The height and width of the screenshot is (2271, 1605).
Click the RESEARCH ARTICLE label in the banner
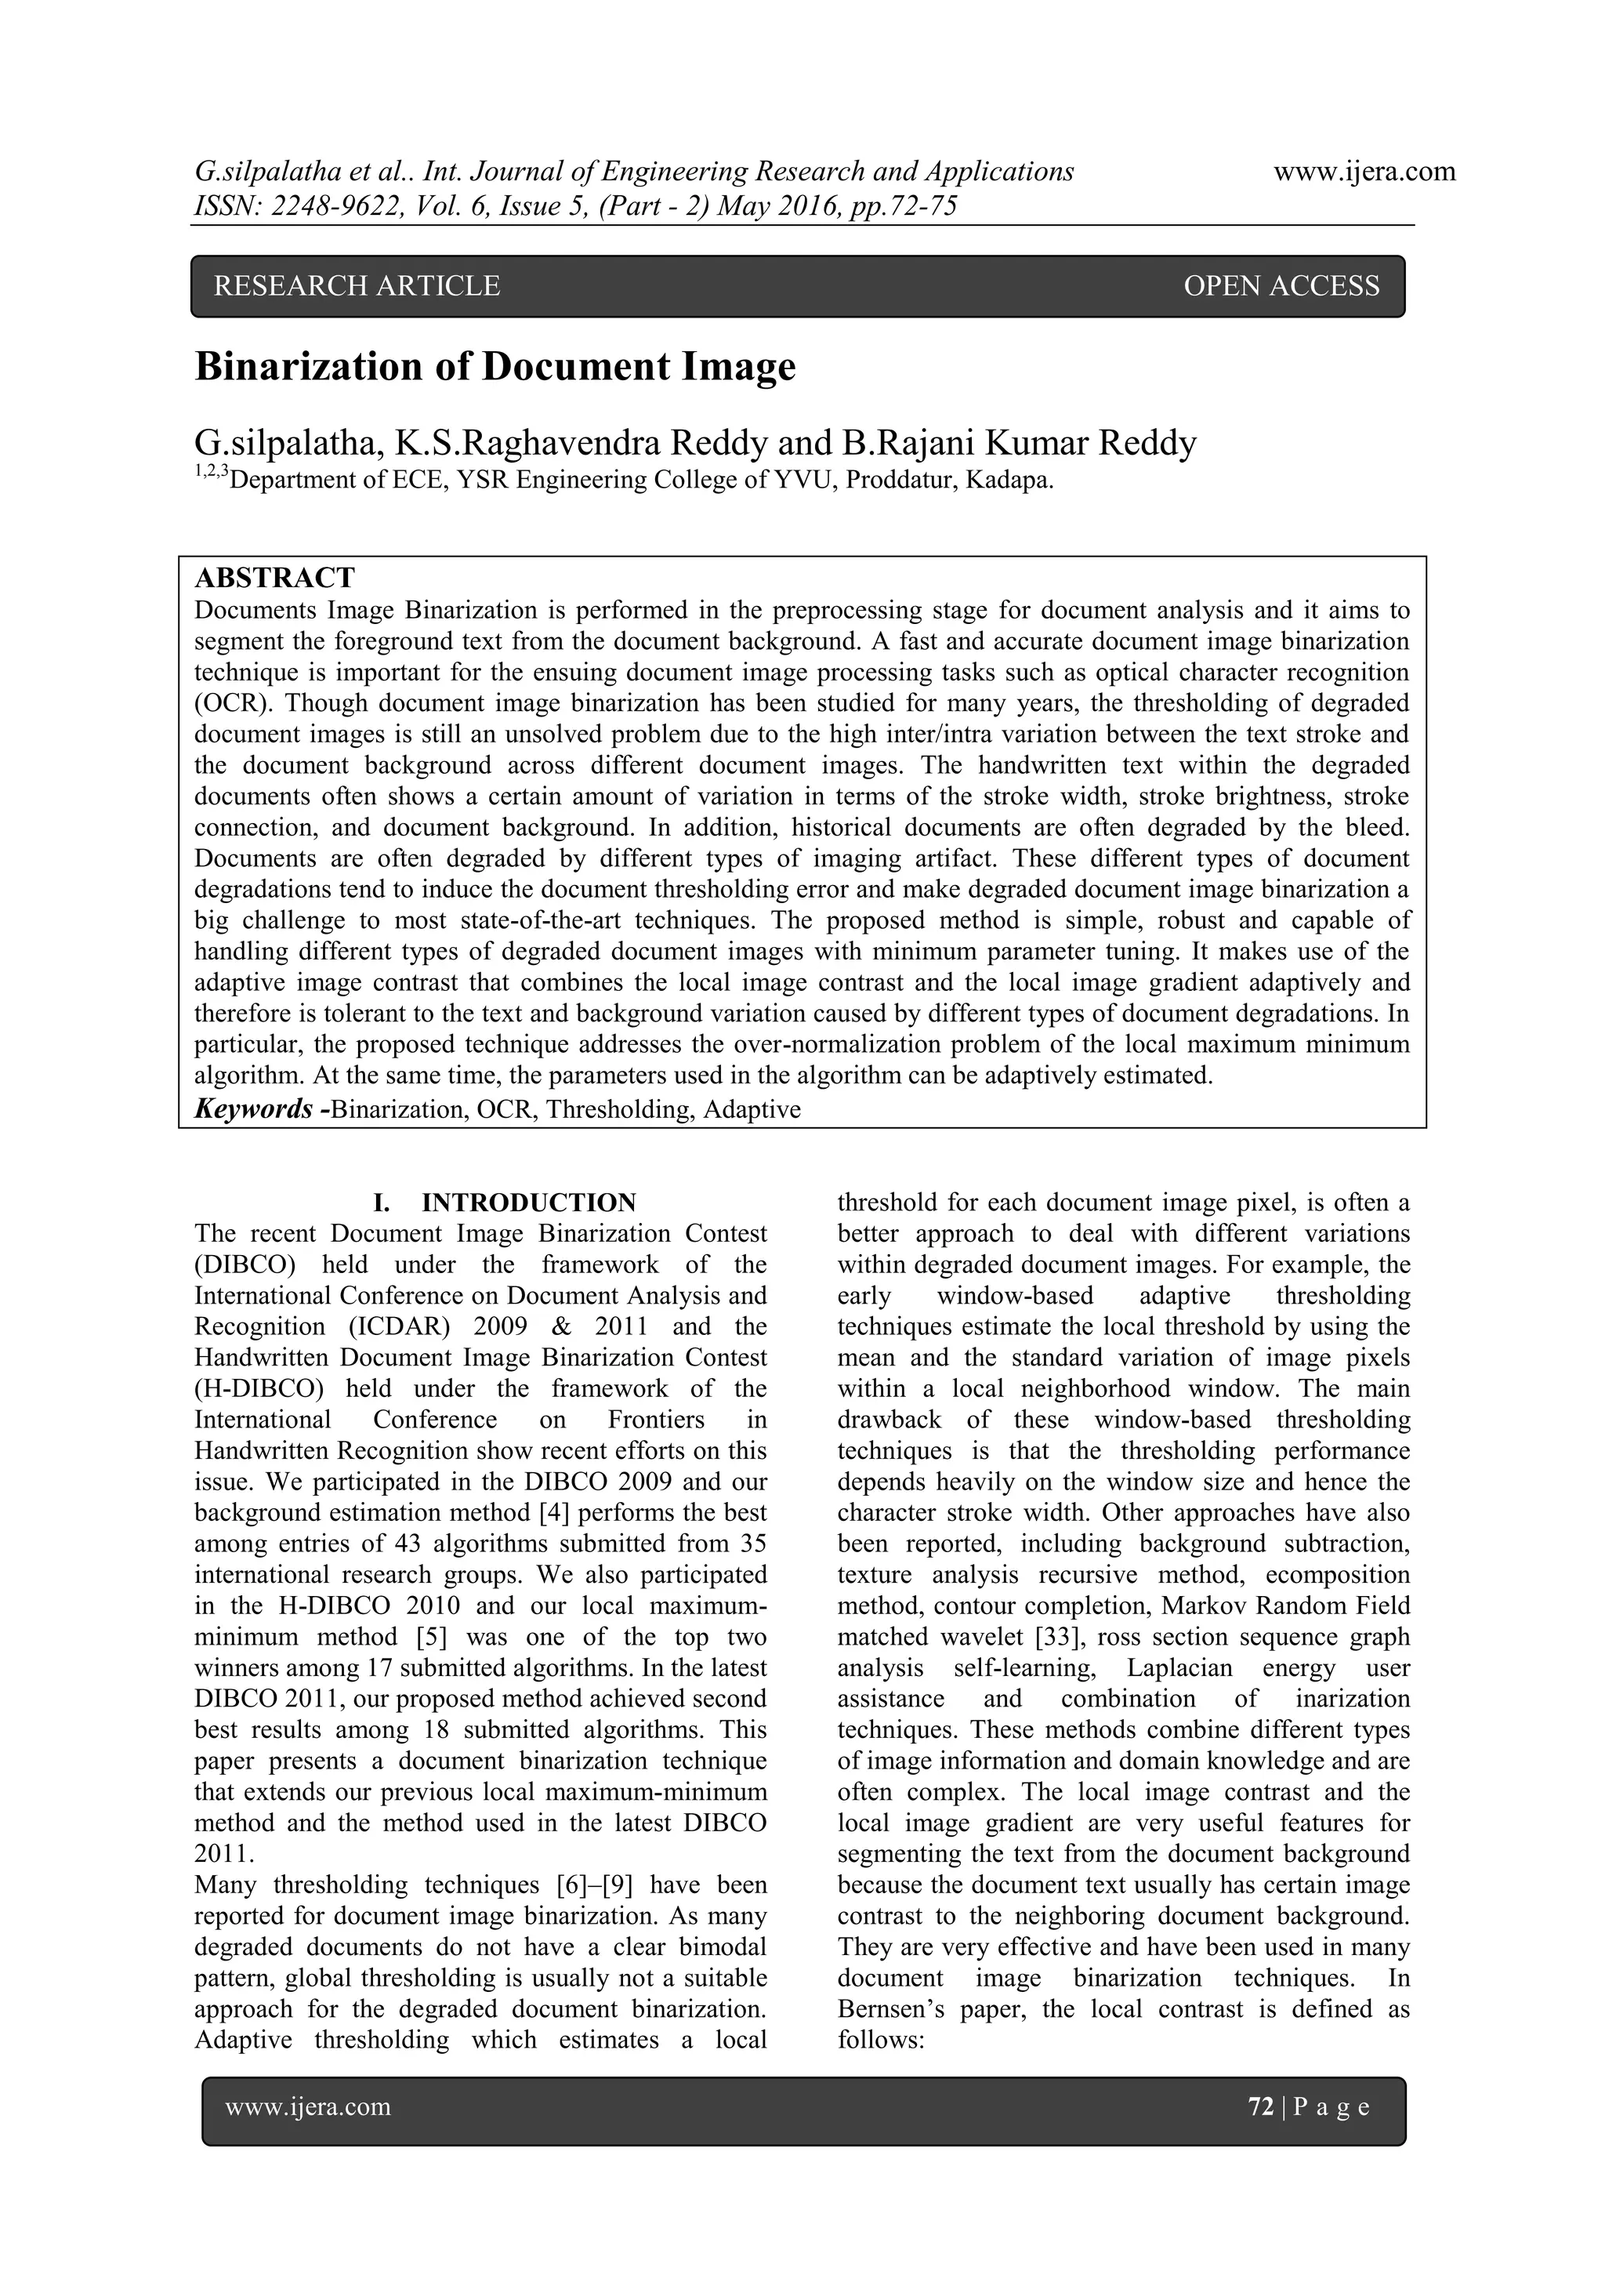click(x=357, y=286)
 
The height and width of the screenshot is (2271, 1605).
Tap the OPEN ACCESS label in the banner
click(x=1281, y=286)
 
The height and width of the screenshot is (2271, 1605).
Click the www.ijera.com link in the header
click(x=1364, y=172)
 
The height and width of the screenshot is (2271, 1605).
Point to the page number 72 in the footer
click(x=1261, y=2107)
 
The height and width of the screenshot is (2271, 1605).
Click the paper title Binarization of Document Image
click(x=495, y=367)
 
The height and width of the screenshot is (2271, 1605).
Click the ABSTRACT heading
click(x=274, y=578)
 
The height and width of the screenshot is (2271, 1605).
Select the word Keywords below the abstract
click(x=253, y=1108)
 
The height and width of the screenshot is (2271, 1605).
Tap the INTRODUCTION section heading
click(x=528, y=1203)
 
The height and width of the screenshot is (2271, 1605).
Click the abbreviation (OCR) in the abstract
click(x=227, y=703)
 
